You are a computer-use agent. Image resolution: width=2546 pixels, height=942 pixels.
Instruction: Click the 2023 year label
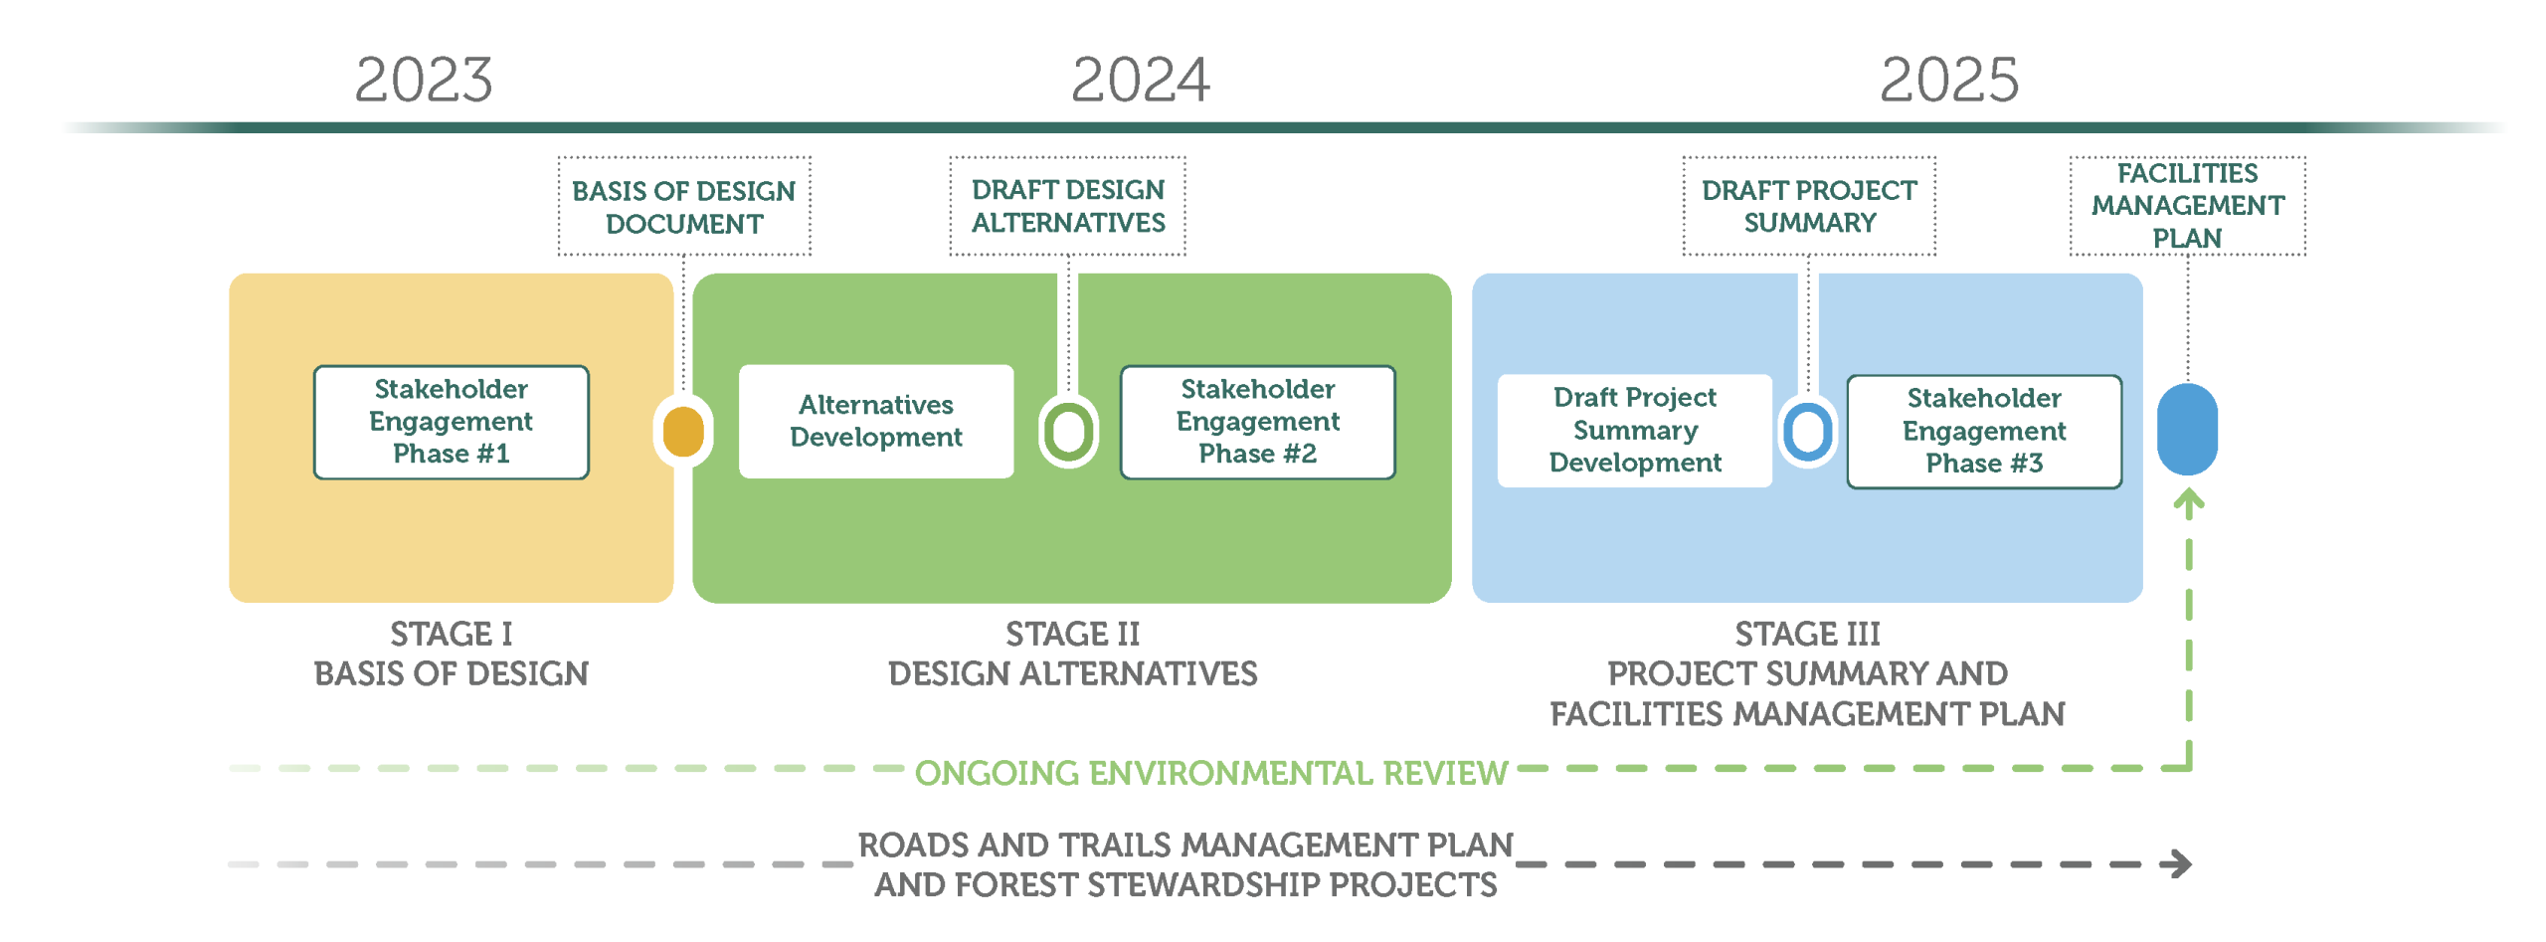click(423, 80)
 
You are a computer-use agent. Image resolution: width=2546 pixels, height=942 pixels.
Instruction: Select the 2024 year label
click(1140, 80)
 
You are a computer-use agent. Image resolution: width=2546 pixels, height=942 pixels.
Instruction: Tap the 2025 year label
click(1948, 80)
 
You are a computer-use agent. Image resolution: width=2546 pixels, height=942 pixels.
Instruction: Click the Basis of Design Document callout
click(684, 206)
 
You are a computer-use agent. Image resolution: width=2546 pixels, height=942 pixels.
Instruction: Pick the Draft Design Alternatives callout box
click(1067, 206)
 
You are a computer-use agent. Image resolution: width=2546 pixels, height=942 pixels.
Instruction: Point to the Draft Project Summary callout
click(1809, 206)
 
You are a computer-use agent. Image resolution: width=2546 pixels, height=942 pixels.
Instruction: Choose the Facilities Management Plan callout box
click(2187, 206)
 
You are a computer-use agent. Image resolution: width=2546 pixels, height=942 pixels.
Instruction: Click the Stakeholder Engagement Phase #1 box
click(451, 422)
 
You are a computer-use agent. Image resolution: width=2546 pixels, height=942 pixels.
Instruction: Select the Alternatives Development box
click(876, 422)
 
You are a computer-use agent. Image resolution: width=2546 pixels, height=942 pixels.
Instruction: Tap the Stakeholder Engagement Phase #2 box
click(1257, 422)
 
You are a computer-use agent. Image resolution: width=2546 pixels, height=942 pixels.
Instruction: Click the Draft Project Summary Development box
click(1634, 431)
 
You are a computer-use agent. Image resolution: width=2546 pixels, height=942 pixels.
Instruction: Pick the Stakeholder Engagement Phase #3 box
click(1984, 431)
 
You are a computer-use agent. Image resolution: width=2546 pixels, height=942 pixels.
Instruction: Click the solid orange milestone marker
click(683, 431)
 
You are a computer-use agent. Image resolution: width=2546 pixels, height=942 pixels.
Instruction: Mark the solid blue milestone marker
click(2187, 429)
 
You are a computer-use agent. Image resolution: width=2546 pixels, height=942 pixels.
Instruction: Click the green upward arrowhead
click(2188, 503)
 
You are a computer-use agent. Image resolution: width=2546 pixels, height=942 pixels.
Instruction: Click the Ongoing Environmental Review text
click(1210, 773)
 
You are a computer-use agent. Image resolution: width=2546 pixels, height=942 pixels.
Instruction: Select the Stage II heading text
click(1072, 634)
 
